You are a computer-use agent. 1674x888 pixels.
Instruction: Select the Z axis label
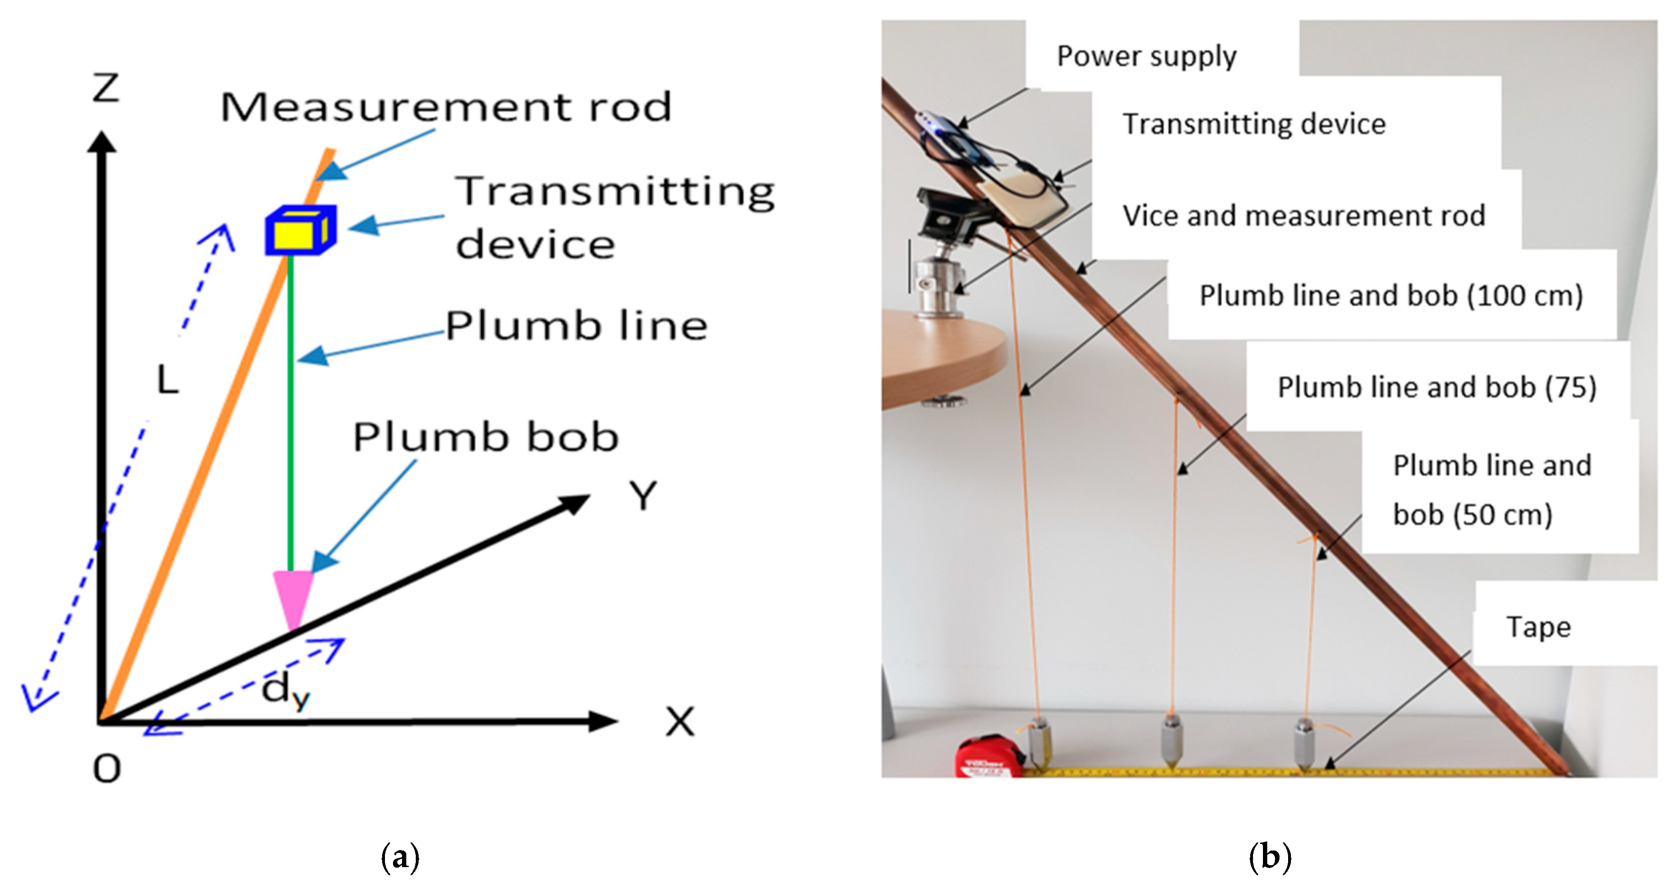coord(106,88)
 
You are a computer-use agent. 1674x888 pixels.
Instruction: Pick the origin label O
coord(107,769)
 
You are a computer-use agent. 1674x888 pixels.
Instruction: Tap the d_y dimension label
coord(284,690)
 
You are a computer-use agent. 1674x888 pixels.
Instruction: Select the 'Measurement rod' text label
coord(446,107)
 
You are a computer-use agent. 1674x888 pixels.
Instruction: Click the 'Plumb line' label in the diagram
coord(576,326)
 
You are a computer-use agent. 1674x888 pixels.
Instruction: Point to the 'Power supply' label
coord(1146,56)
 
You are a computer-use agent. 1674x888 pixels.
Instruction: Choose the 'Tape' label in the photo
coord(1538,627)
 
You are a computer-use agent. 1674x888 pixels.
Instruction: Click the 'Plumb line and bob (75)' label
coord(1436,388)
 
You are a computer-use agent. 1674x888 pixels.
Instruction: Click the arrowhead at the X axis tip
coord(604,721)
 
